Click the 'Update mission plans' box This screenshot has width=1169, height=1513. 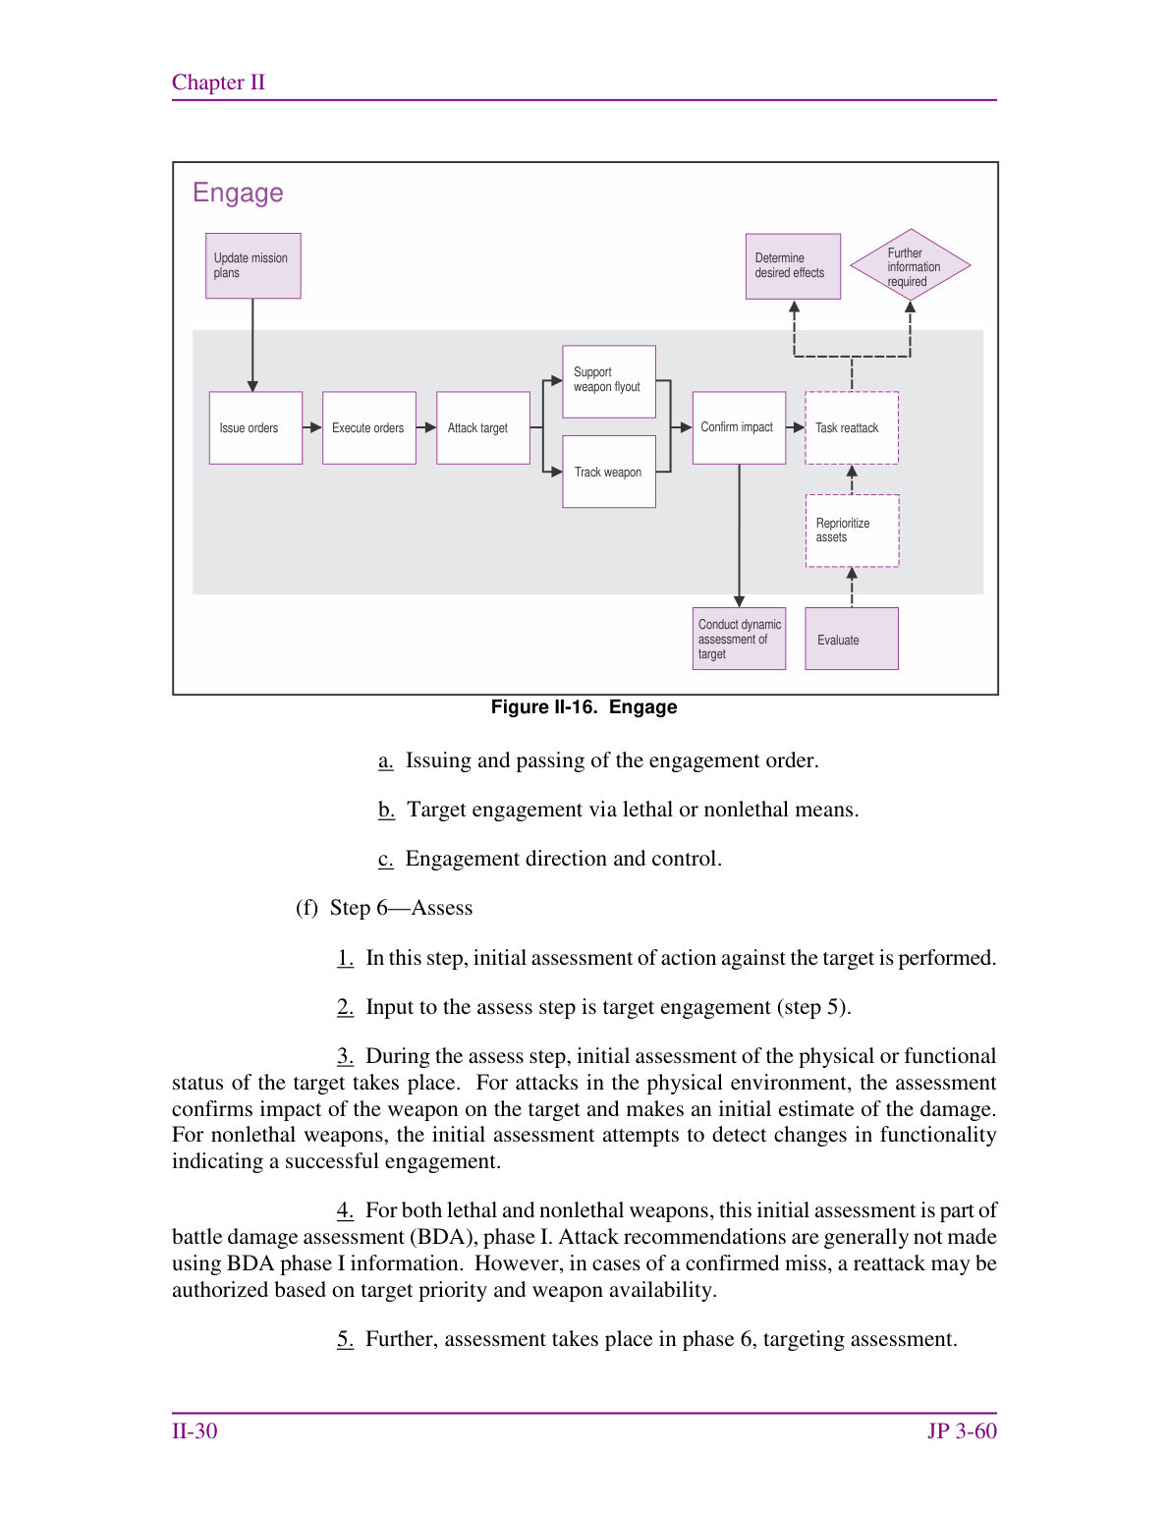coord(252,266)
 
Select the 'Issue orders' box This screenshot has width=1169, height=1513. coord(255,427)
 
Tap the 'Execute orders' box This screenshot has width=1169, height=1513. coord(369,427)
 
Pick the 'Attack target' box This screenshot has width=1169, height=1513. coord(483,427)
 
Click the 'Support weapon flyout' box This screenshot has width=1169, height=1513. coord(609,381)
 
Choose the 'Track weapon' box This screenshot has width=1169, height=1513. coord(609,472)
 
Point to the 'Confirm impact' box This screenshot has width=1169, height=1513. coord(739,427)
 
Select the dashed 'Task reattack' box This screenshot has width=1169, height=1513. coord(852,427)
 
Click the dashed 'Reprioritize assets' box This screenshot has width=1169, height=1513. coord(853,531)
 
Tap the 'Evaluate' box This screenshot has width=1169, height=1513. coord(852,639)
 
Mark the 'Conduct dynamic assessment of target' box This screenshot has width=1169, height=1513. coord(739,639)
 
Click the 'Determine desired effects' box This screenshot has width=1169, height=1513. coord(793,266)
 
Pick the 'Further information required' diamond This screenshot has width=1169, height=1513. coord(911,264)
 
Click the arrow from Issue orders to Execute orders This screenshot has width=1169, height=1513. coord(312,427)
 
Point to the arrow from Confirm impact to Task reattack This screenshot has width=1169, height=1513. coord(795,427)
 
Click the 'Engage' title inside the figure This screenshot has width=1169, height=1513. coord(238,193)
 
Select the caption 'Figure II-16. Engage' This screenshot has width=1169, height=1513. coord(584,706)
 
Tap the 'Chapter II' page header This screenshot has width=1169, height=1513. coord(219,83)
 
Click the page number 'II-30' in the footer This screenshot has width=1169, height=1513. coord(195,1430)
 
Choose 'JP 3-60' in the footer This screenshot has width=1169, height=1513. coord(962,1430)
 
